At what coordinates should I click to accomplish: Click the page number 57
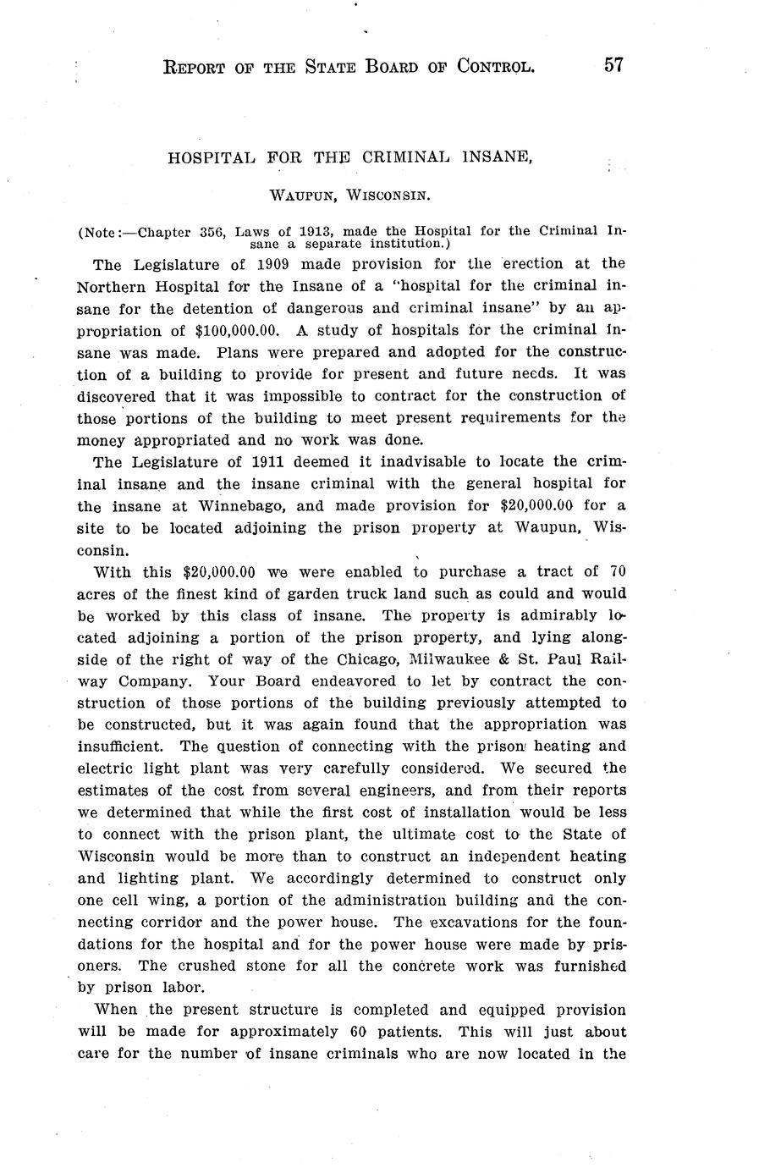coord(613,64)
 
